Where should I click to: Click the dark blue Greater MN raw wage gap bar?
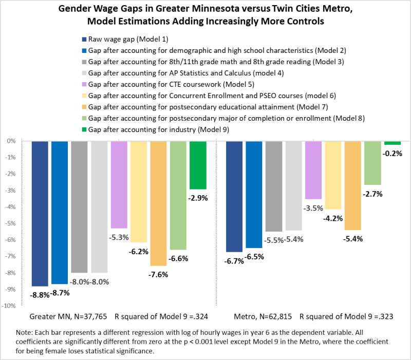point(40,213)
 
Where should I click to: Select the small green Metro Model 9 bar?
point(393,143)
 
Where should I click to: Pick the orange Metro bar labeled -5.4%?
point(353,185)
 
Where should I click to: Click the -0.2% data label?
point(393,153)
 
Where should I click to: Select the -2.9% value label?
point(198,197)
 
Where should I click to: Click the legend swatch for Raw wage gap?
point(84,40)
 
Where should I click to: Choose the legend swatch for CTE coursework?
point(84,84)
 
